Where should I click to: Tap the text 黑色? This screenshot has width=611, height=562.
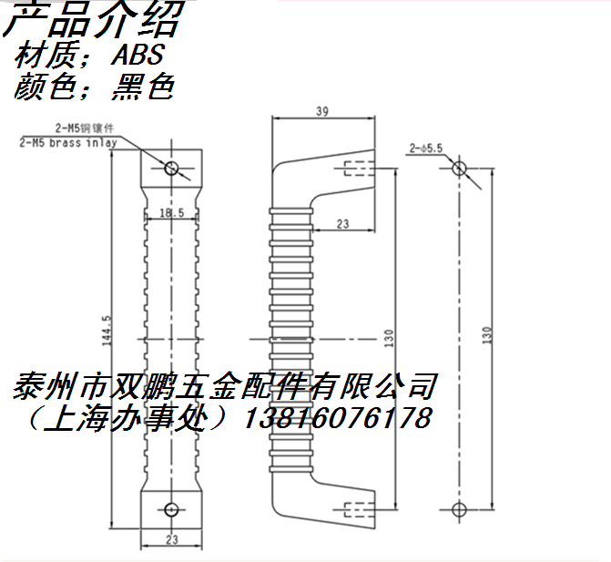tap(141, 87)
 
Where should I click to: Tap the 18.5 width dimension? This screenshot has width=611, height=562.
tap(171, 212)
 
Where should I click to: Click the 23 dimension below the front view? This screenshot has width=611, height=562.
tap(171, 541)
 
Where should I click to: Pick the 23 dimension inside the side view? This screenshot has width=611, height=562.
tap(342, 222)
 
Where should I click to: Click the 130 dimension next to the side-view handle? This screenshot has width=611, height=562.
tap(390, 338)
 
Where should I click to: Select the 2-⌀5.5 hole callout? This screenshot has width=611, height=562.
tap(425, 146)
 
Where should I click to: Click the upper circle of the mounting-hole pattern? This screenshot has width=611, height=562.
tap(459, 169)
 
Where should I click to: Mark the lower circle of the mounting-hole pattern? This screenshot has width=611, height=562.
tap(459, 507)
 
